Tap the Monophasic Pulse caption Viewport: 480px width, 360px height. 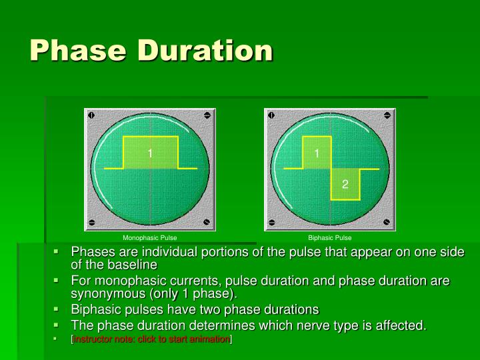tap(149, 237)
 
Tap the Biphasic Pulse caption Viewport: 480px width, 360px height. tap(329, 237)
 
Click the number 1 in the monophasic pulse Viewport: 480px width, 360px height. tap(150, 153)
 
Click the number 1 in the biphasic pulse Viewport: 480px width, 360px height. tap(317, 153)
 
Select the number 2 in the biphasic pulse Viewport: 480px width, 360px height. tap(345, 184)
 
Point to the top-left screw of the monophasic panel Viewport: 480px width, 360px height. tap(92, 115)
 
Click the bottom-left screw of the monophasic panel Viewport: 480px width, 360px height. tap(92, 223)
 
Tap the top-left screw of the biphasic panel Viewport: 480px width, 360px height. tap(272, 115)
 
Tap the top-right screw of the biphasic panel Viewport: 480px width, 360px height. tap(387, 115)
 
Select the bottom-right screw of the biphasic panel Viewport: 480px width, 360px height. tap(387, 223)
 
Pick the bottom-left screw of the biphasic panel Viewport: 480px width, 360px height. tap(272, 223)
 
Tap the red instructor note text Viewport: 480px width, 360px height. tap(151, 339)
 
